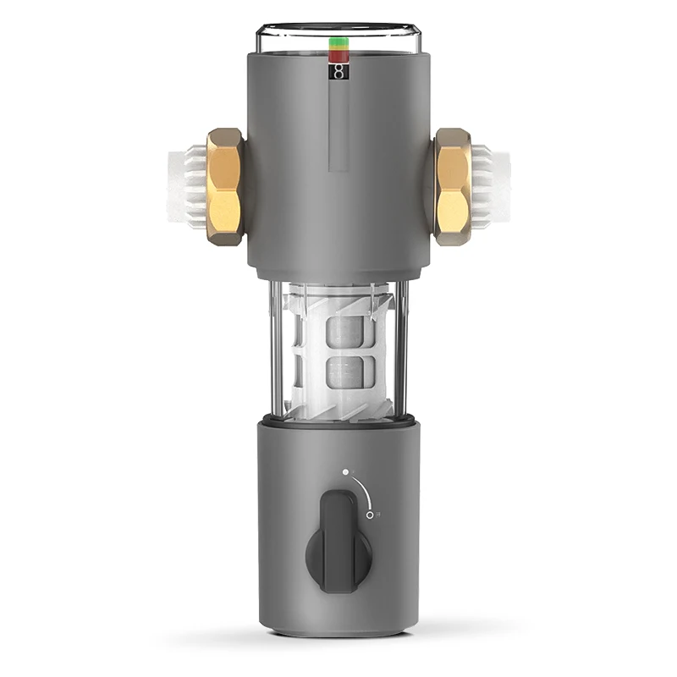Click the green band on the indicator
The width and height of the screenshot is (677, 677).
[338, 40]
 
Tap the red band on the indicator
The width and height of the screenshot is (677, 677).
[338, 56]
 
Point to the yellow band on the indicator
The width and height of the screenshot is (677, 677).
[338, 47]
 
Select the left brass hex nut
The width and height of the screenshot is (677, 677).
[224, 187]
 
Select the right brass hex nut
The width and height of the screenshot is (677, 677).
[453, 187]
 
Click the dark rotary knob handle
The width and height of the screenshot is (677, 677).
[338, 542]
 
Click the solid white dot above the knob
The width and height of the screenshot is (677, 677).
[345, 472]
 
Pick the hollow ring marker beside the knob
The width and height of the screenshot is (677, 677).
[370, 514]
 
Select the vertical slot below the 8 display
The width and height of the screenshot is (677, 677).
[338, 127]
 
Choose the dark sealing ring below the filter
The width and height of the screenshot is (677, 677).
[338, 421]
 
